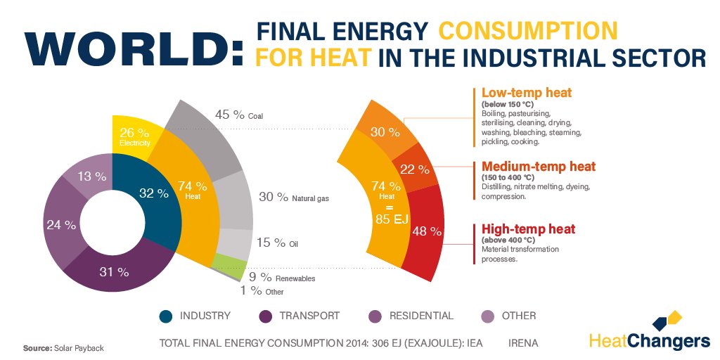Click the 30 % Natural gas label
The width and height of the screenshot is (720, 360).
(x=293, y=198)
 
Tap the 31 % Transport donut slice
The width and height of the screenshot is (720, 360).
(x=114, y=271)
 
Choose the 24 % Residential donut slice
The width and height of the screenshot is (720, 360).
(x=61, y=225)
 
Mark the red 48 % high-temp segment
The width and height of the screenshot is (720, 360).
(x=425, y=232)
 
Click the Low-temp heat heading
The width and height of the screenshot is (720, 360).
(x=526, y=93)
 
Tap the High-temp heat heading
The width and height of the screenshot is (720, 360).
(x=528, y=229)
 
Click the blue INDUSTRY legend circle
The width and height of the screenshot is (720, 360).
(x=166, y=316)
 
